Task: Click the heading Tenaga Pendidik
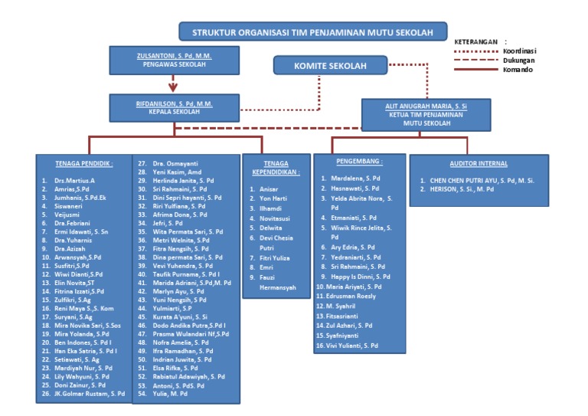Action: [84, 163]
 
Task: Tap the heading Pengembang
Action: [359, 162]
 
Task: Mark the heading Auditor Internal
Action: [478, 163]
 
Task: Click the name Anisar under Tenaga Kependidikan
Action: [269, 189]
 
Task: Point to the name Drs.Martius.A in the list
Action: [74, 181]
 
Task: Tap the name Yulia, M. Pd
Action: [170, 394]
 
